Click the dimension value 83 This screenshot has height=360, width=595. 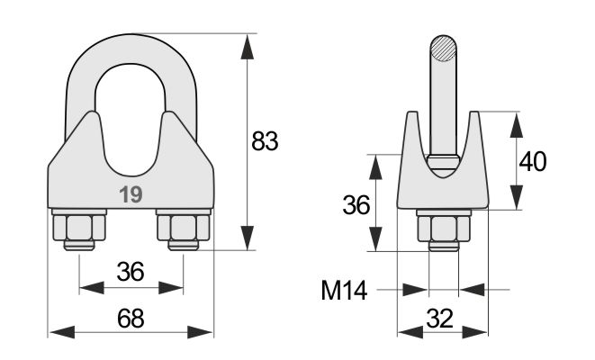point(265,141)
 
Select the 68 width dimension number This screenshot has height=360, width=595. point(131,319)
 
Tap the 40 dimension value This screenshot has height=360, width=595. point(533,161)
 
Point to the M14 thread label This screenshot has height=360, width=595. point(344,291)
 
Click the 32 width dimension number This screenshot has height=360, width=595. point(440,319)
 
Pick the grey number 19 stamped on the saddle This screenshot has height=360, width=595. point(131,194)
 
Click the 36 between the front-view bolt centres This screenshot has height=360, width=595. point(131,272)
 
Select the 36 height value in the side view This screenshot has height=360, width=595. point(356,205)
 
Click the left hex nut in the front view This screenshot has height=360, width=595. point(79,228)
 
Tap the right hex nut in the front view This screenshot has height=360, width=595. point(184,228)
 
